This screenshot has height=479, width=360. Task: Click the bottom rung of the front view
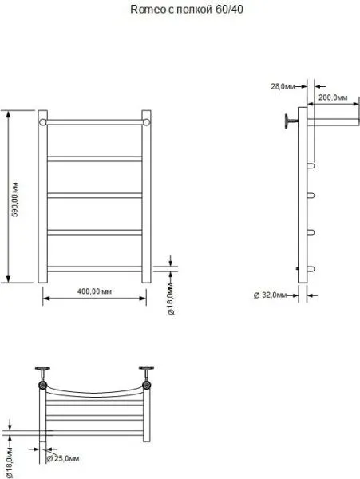point(94,267)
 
